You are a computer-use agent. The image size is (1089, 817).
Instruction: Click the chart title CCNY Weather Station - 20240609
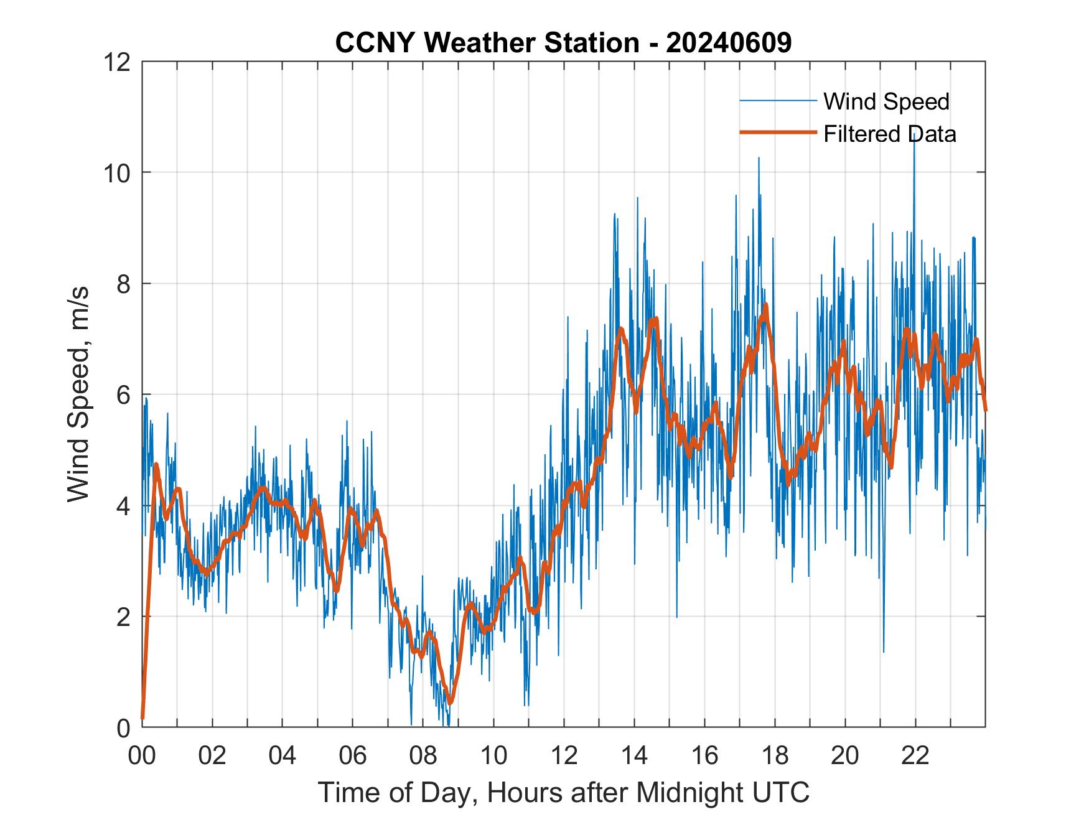coord(563,43)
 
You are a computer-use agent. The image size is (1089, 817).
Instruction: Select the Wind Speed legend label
coord(886,101)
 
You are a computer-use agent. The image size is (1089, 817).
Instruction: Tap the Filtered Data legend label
coord(889,134)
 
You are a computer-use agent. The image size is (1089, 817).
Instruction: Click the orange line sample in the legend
coord(778,133)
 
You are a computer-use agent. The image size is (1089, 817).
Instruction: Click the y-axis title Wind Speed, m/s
coord(79,394)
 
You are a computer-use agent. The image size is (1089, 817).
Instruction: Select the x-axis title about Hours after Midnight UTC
coord(564,792)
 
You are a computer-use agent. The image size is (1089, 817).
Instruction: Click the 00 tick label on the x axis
coord(142,755)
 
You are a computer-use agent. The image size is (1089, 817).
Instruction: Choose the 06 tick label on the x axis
coord(353,755)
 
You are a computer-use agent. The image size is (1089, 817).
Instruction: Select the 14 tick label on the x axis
coord(634,755)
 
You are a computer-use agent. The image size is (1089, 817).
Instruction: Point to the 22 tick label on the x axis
coord(915,755)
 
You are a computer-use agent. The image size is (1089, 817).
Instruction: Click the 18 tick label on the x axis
coord(775,755)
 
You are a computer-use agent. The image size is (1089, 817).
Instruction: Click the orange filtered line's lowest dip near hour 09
coord(451,703)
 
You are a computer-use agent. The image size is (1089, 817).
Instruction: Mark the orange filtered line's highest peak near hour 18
coord(765,305)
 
